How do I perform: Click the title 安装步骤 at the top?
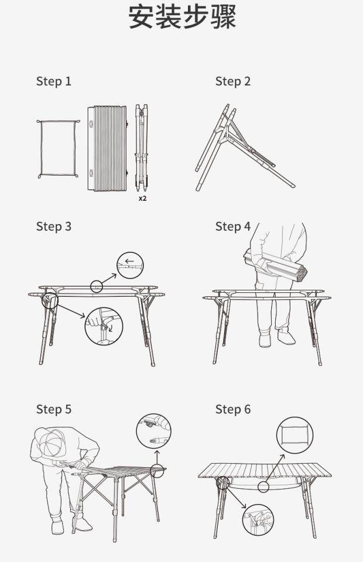click(x=182, y=17)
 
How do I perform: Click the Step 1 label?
click(x=54, y=81)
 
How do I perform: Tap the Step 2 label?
click(x=233, y=81)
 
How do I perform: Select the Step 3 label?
click(x=54, y=227)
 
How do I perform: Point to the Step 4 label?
click(x=233, y=227)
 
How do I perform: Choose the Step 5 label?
click(x=54, y=409)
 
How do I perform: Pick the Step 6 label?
click(x=233, y=409)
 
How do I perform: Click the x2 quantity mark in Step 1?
click(x=143, y=198)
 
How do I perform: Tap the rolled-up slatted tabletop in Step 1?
click(x=108, y=148)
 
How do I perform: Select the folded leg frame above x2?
click(x=142, y=148)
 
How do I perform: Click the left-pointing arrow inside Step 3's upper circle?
click(x=129, y=261)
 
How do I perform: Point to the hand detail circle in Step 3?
click(x=104, y=326)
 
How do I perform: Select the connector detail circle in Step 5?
click(x=153, y=431)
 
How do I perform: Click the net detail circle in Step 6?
click(x=294, y=435)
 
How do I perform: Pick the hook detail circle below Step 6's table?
click(x=258, y=520)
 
